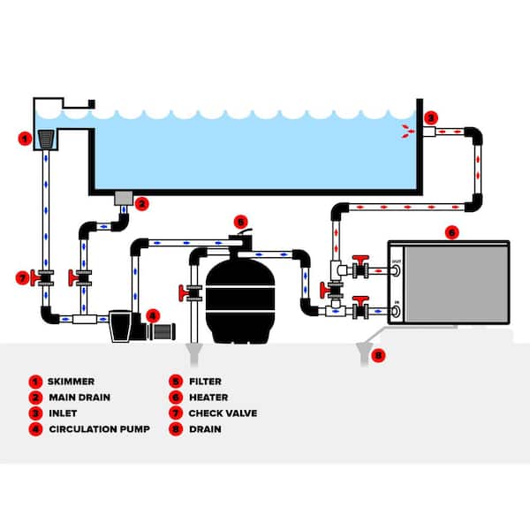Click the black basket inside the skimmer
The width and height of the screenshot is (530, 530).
point(47,139)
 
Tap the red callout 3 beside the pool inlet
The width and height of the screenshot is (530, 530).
point(430,117)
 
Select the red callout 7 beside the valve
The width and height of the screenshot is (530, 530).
point(23,278)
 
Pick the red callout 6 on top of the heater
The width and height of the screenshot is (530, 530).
point(452,232)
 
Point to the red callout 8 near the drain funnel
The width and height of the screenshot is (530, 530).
point(380,357)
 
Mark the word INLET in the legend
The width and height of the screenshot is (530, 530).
point(64,413)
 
